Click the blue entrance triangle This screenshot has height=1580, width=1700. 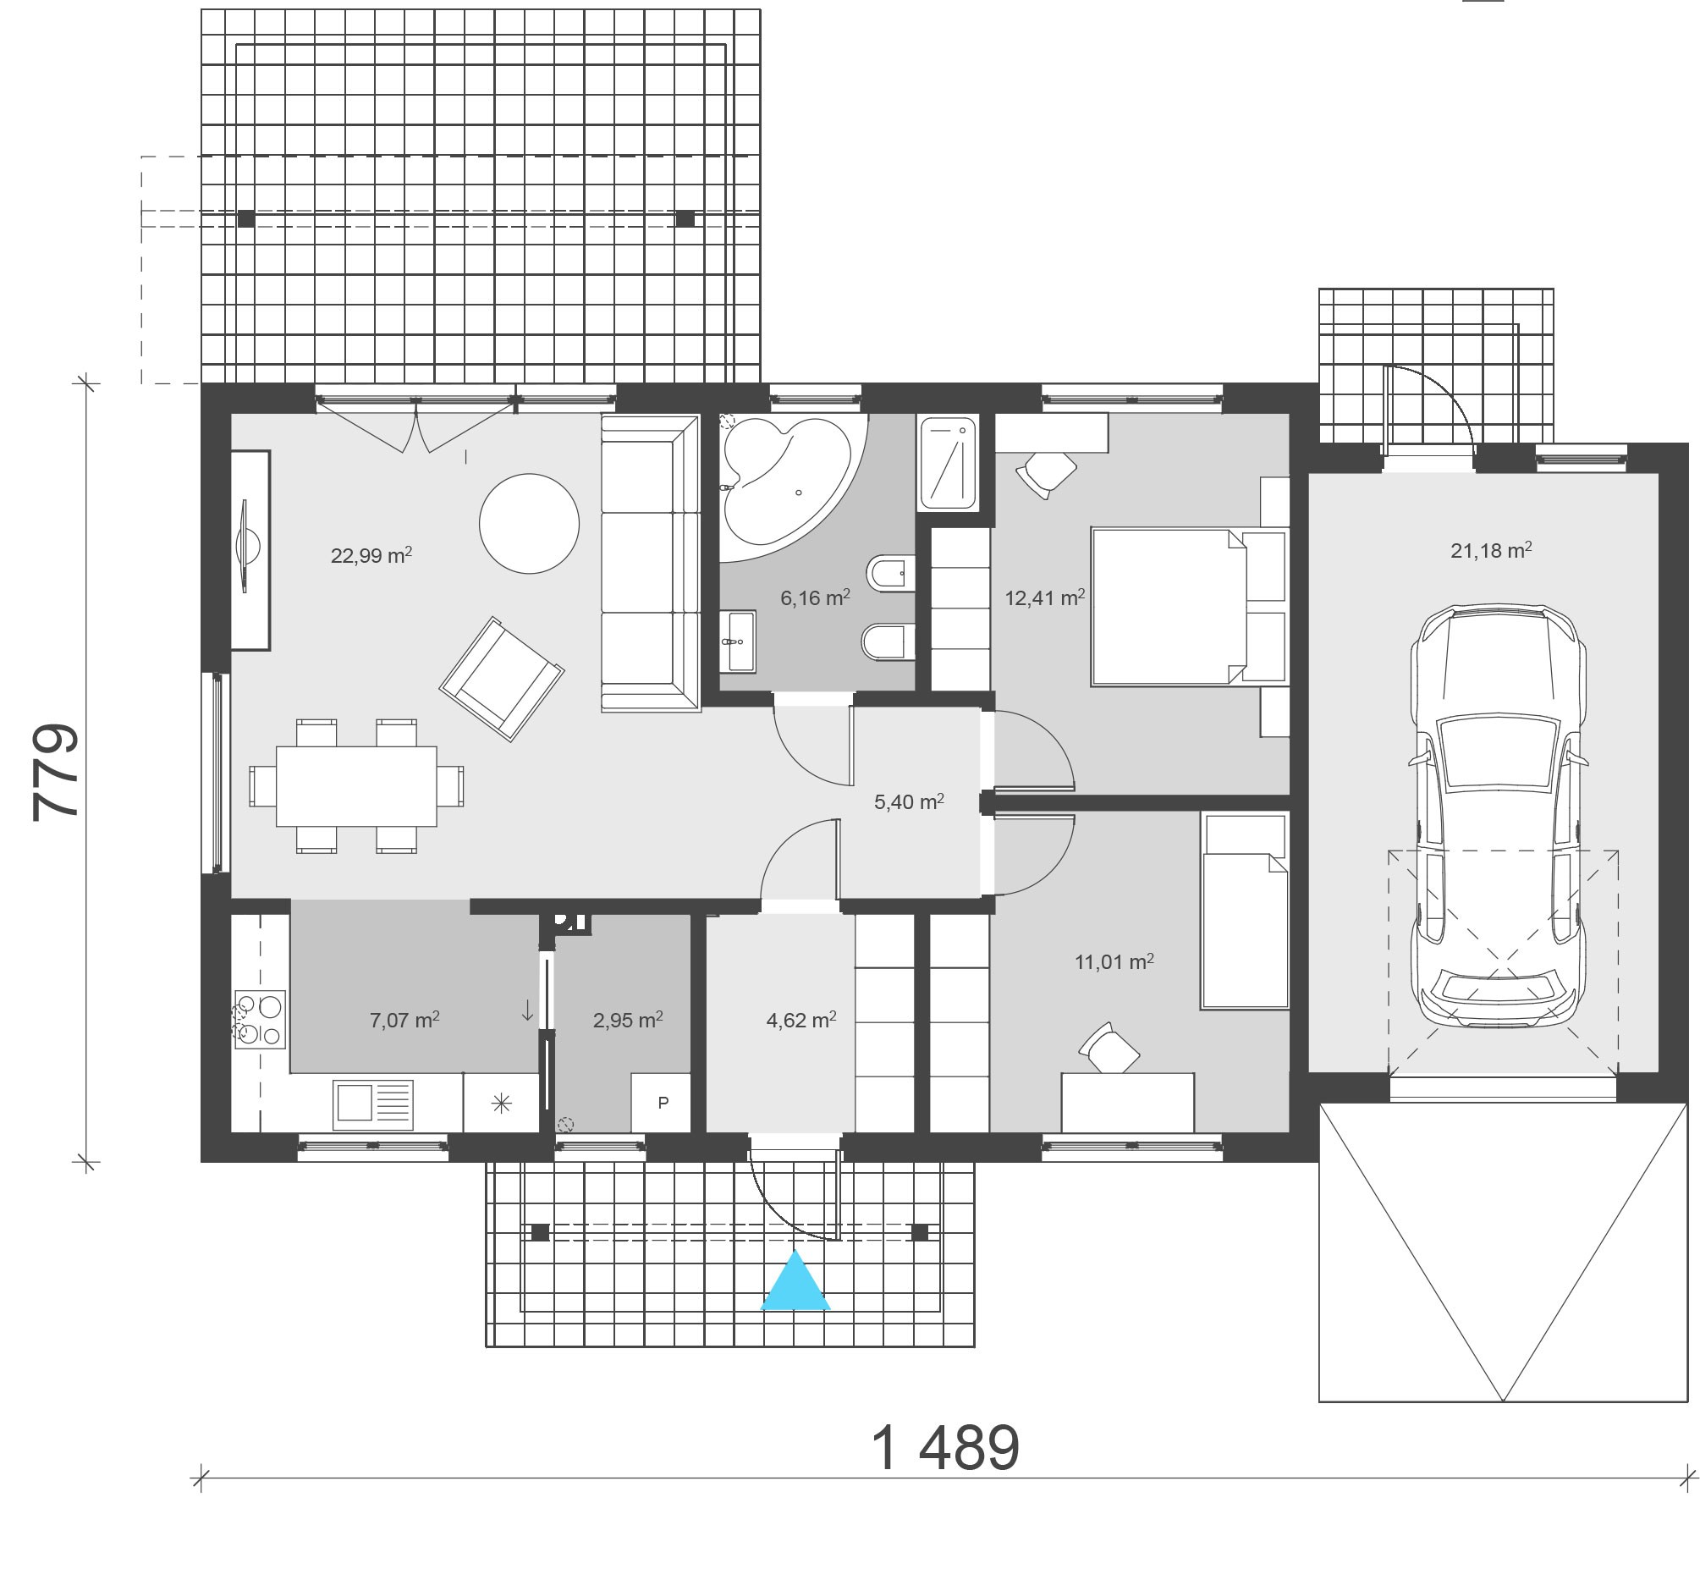click(x=795, y=1281)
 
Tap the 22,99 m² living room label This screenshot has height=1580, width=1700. click(x=371, y=556)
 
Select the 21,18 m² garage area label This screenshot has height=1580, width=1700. click(x=1491, y=550)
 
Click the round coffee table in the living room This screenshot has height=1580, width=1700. click(x=529, y=524)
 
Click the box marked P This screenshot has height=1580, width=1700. click(x=662, y=1103)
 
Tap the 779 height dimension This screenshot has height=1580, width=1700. click(x=56, y=773)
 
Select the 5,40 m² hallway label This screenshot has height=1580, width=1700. click(x=909, y=802)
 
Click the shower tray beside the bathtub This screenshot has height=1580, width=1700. click(x=949, y=464)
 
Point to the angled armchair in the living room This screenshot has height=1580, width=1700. click(x=502, y=679)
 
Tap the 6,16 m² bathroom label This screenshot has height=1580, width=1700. click(x=815, y=597)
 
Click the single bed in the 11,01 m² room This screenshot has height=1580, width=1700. click(x=1245, y=912)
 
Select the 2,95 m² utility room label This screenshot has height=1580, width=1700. click(x=628, y=1020)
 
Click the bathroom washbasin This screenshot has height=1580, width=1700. click(x=737, y=641)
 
